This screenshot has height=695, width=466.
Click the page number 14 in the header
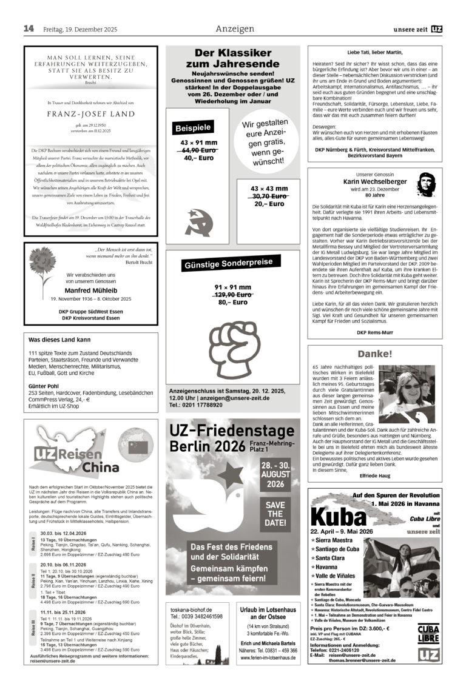(x=29, y=29)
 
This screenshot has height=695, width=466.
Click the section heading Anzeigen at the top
(x=234, y=29)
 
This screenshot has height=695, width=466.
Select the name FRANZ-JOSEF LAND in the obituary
(x=91, y=114)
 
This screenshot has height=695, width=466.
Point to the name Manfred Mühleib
(x=91, y=290)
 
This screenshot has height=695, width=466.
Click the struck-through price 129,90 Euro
(x=232, y=294)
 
